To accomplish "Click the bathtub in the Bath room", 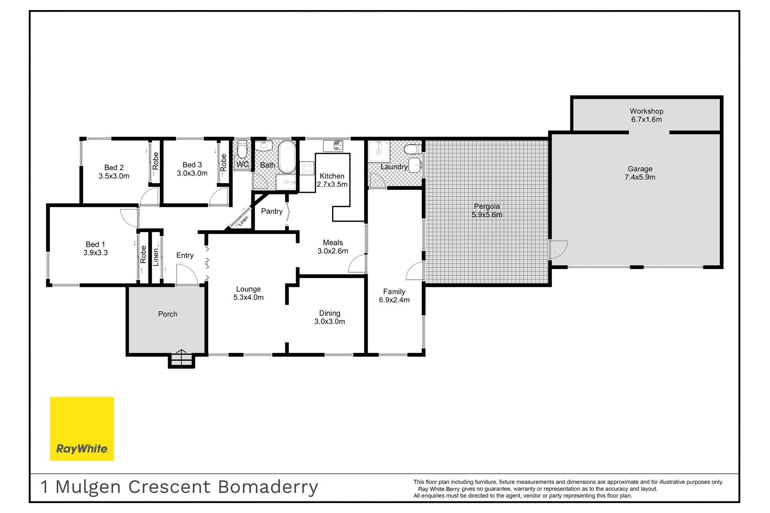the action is point(287,157).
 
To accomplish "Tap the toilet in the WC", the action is point(242,149).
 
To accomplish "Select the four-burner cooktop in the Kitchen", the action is point(307,168).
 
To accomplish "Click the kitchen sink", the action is point(333,145).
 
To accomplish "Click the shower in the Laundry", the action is point(379,151).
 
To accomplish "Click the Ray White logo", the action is point(82,428).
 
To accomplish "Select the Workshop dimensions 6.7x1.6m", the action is point(646,119).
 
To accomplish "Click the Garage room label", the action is point(640,169).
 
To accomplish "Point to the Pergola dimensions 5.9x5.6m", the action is point(487,215).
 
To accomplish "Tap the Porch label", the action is point(168,314).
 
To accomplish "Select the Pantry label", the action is point(272,211).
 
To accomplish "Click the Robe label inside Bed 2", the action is point(156,161).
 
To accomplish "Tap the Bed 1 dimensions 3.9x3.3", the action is point(95,253).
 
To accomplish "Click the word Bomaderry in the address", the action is point(268,487).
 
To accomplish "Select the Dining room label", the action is point(330,313).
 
